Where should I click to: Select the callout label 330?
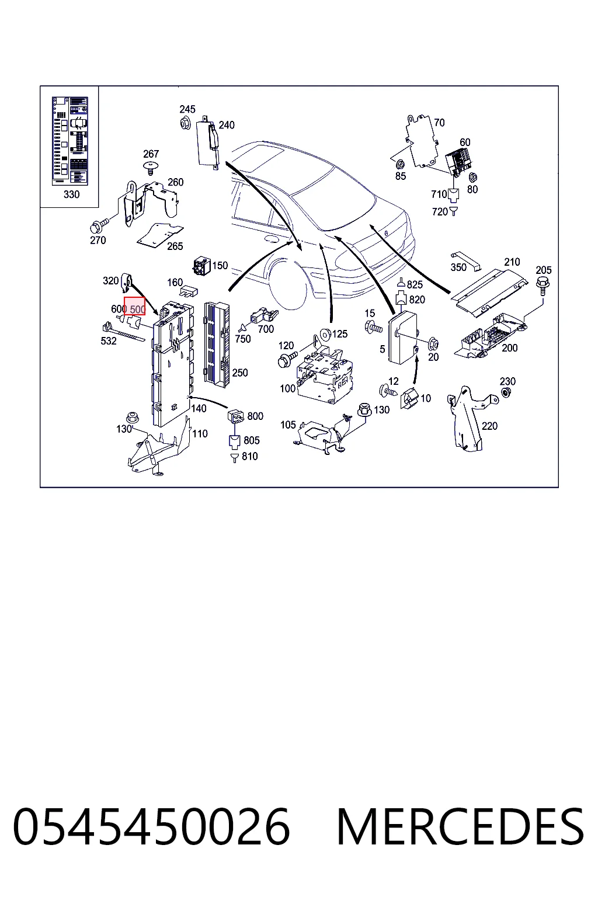[x=71, y=194]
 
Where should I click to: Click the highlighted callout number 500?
[x=137, y=309]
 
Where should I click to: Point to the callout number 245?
[x=187, y=109]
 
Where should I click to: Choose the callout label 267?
[x=151, y=154]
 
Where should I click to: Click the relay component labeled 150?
[x=202, y=266]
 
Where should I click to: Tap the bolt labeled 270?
[x=99, y=225]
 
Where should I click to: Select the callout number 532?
[x=108, y=341]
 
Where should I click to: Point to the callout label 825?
[x=415, y=285]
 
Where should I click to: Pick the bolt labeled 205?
[x=543, y=285]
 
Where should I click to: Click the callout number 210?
[x=512, y=262]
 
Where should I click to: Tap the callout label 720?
[x=439, y=212]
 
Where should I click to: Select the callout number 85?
[x=401, y=176]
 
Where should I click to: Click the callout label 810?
[x=249, y=457]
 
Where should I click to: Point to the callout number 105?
[x=288, y=425]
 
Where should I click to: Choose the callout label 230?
[x=507, y=381]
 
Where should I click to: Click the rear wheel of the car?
[x=289, y=285]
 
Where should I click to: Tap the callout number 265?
[x=175, y=246]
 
